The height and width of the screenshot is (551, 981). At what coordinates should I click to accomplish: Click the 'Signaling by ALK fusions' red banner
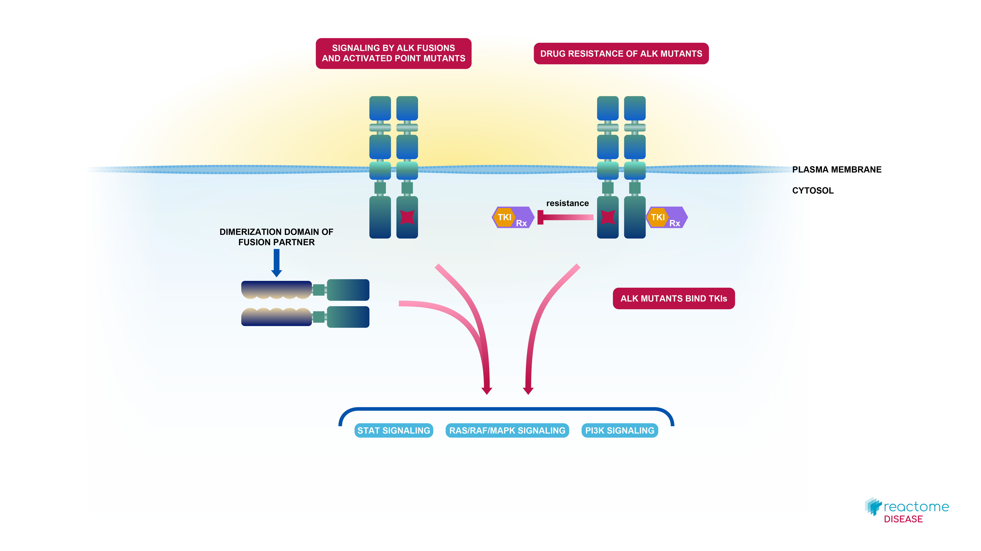click(393, 53)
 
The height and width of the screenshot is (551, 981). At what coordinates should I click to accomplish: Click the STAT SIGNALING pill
click(393, 430)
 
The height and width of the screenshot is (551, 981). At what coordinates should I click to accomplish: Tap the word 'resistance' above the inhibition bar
click(567, 203)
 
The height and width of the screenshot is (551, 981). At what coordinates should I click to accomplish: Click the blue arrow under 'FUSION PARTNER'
click(276, 263)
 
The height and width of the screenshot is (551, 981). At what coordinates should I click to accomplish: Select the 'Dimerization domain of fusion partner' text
click(276, 237)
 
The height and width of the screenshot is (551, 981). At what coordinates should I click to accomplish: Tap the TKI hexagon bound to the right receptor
click(658, 217)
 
